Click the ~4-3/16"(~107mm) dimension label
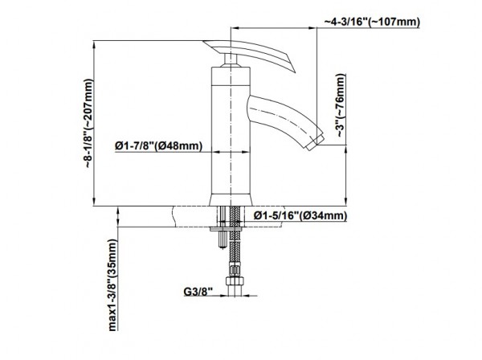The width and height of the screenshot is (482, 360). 372,22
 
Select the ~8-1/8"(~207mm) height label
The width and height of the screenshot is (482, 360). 88,123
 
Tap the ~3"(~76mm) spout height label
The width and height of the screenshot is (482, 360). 341,105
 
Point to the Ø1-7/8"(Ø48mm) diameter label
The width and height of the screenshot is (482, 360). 158,145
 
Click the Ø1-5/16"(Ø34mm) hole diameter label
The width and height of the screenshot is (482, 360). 300,215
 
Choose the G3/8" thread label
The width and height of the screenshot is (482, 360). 198,291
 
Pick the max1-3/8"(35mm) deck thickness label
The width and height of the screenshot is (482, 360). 112,285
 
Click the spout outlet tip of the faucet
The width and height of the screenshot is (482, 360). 315,141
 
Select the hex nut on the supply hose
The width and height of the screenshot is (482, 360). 235,281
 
